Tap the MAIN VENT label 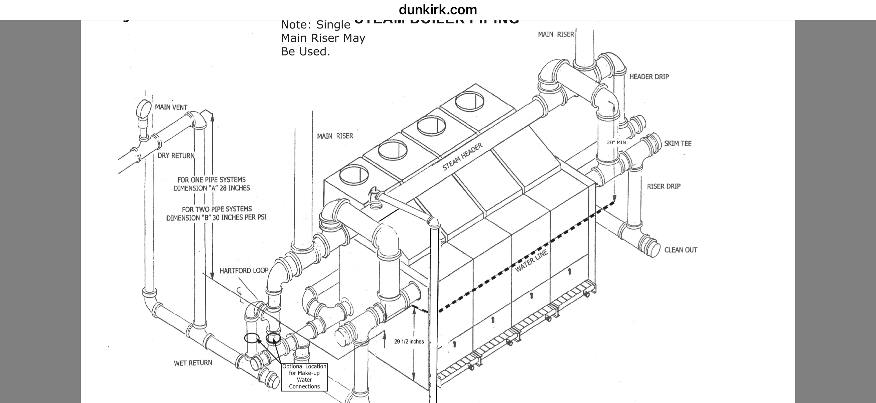(x=171, y=108)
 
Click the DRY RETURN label (x=176, y=156)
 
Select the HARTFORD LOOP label (x=244, y=271)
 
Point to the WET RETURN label (x=193, y=363)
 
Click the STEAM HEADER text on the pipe (x=462, y=157)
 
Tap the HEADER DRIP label (x=649, y=77)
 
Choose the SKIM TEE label (x=678, y=143)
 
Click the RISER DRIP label (x=664, y=186)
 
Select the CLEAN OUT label (x=681, y=250)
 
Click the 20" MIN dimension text (x=616, y=142)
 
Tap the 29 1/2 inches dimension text (x=409, y=342)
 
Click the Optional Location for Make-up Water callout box (x=304, y=377)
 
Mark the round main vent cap (x=144, y=109)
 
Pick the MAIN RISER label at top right (x=556, y=34)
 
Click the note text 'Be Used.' (x=305, y=52)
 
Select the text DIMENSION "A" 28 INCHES (x=211, y=188)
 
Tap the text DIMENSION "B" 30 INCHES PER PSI (x=216, y=218)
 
